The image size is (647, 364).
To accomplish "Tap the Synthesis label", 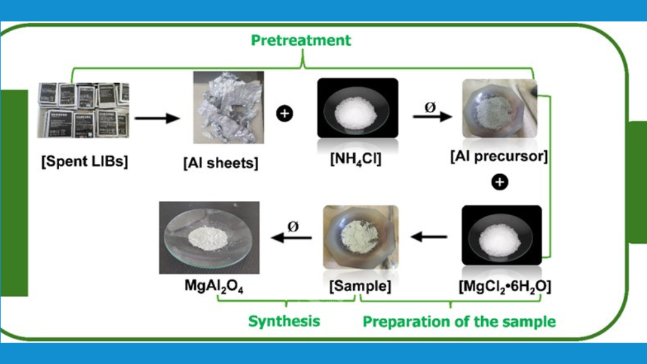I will pos(284,321).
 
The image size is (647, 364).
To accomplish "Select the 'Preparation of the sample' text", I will pos(459,322).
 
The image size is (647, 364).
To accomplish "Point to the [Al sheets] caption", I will pos(220,162).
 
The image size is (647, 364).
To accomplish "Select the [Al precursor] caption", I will pos(499,157).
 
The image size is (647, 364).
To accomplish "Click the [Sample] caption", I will pos(360,287).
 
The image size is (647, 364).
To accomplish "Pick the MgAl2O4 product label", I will pos(209,286).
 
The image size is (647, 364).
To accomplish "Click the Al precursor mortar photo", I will pos(499,113).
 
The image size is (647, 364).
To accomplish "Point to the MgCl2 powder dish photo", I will pos(501,239).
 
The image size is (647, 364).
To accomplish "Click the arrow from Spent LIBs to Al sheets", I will pos(157,118).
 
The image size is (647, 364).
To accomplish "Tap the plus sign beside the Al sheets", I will pos(285,114).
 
